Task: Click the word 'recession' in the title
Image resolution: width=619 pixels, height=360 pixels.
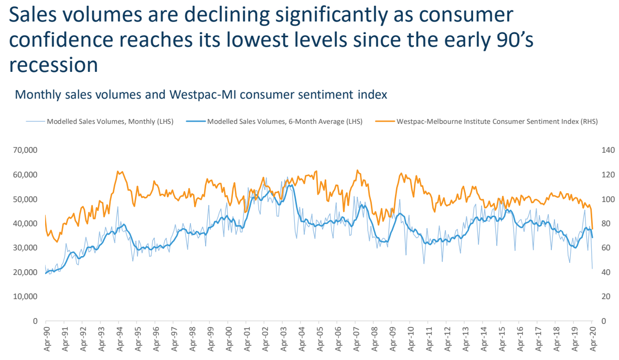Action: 54,65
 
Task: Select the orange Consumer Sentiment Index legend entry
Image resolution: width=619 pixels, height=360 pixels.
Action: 486,122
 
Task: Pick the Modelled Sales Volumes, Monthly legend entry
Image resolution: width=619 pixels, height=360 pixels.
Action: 100,122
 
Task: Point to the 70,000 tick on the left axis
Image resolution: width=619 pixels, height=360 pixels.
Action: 25,150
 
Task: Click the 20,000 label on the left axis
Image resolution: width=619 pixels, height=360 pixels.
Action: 25,272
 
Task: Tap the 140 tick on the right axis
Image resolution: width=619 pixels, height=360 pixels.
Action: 608,150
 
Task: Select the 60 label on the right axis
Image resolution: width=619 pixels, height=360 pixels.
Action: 606,248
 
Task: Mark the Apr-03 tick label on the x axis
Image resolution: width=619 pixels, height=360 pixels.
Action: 284,338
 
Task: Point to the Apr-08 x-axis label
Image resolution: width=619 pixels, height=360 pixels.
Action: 375,338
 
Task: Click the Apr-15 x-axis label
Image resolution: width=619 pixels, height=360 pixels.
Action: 502,338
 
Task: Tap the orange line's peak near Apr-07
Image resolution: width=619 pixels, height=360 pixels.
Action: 357,170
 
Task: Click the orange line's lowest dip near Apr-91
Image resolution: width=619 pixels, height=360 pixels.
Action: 57,242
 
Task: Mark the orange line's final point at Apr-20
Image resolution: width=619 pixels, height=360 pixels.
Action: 592,229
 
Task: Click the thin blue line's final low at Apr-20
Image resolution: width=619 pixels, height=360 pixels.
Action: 592,269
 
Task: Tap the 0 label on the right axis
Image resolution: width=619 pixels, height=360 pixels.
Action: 604,321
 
